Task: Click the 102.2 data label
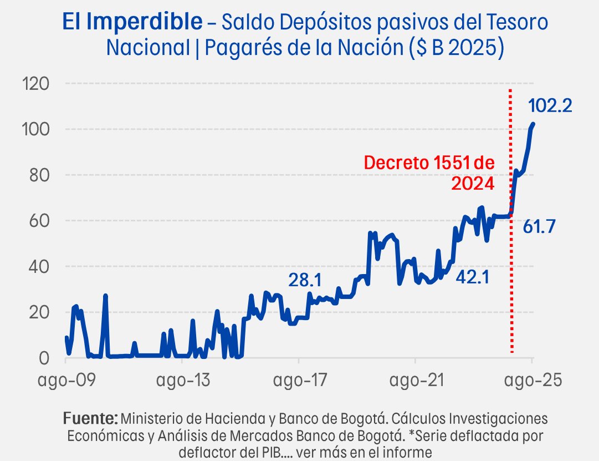click(x=550, y=105)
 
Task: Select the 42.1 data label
click(x=473, y=277)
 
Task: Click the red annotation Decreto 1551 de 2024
click(x=428, y=173)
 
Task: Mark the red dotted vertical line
click(x=510, y=277)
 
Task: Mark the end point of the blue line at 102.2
click(x=533, y=124)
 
